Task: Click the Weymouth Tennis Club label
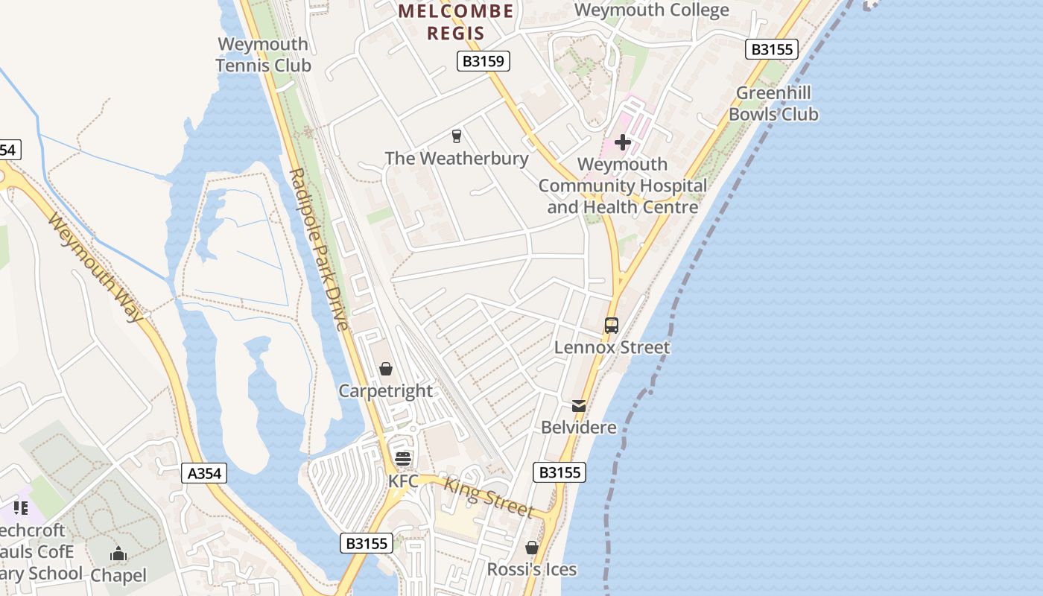(263, 55)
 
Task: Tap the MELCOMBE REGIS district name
(455, 22)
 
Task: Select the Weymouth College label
(652, 10)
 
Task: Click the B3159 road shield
(484, 61)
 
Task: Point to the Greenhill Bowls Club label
(773, 104)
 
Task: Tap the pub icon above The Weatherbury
(457, 136)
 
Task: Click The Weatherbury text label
(457, 158)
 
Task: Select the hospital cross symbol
(623, 142)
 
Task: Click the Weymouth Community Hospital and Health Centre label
(623, 186)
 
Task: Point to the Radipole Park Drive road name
(318, 249)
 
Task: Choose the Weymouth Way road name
(95, 267)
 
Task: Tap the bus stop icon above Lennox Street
(612, 326)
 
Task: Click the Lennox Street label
(612, 347)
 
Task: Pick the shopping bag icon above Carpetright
(386, 369)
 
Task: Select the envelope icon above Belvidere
(579, 406)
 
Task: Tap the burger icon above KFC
(403, 458)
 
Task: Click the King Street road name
(489, 498)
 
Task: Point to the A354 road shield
(204, 473)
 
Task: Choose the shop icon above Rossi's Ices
(532, 548)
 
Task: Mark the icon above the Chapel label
(118, 554)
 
